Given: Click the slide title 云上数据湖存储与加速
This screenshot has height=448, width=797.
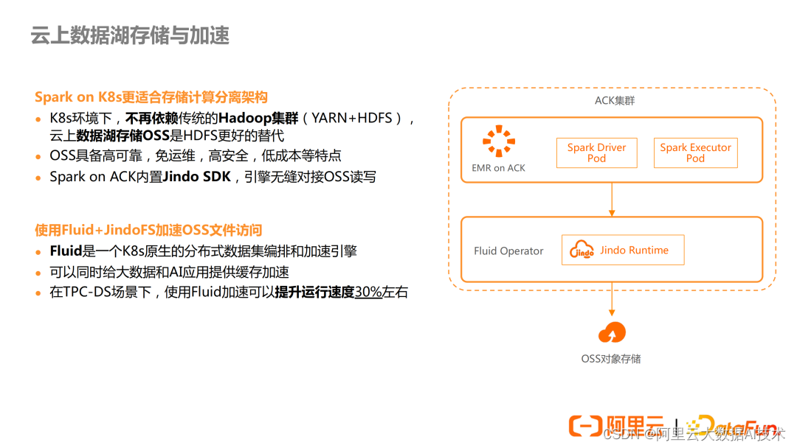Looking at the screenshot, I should [x=130, y=35].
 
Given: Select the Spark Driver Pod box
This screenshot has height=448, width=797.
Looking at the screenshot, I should [x=596, y=153].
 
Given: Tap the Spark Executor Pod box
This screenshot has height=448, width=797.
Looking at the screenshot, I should [x=695, y=153].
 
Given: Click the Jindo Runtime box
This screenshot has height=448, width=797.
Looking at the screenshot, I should [x=623, y=251].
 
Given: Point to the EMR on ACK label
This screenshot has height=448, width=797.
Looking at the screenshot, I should [x=499, y=168].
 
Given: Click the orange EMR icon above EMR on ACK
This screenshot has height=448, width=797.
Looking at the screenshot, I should [x=499, y=141].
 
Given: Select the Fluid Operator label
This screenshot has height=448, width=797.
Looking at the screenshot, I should [x=508, y=251].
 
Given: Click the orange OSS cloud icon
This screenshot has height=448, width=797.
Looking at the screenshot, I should [x=612, y=333].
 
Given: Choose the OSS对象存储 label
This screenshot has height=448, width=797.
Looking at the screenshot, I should [x=611, y=359].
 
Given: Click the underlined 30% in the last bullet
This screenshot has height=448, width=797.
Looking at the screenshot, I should [x=368, y=292].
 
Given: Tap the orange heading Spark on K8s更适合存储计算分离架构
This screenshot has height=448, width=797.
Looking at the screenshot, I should [x=151, y=97].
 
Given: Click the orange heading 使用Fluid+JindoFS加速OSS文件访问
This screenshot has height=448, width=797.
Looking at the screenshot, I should [x=148, y=230].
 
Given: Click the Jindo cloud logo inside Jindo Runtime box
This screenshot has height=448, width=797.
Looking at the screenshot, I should [x=582, y=251].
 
